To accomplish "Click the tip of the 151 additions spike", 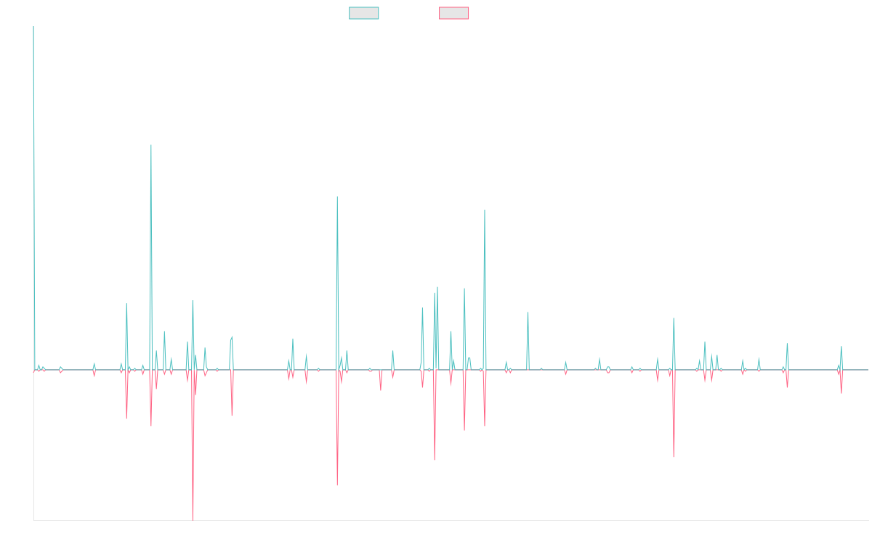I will click(x=151, y=145).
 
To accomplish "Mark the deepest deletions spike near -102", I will click(x=193, y=519).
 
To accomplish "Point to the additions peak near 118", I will click(x=337, y=197).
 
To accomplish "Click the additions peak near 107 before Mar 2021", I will click(x=485, y=211).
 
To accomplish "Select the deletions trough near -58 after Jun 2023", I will click(x=674, y=456).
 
